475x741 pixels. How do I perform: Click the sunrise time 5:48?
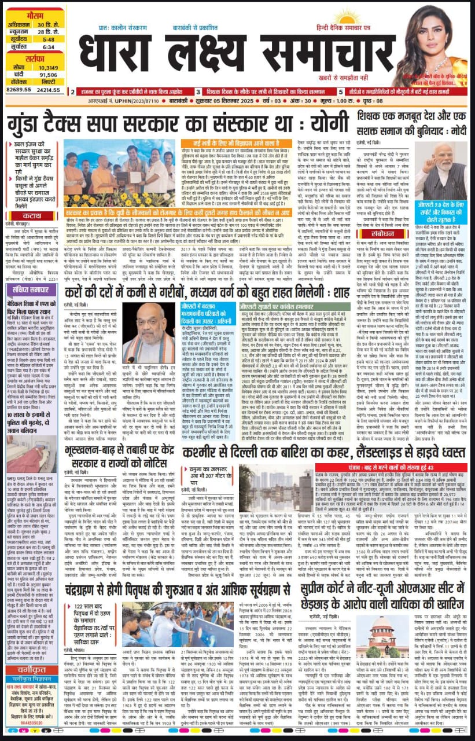[x=50, y=39]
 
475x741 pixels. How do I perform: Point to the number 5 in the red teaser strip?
[x=340, y=91]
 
